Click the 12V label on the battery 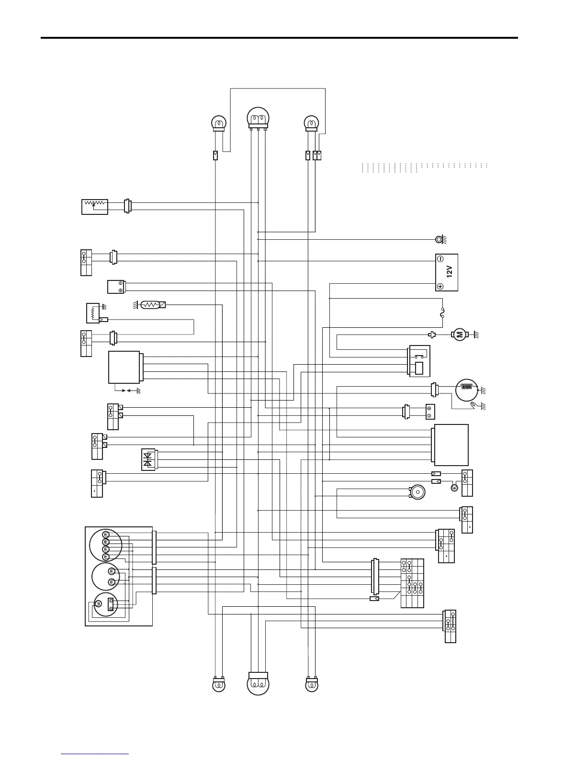point(449,272)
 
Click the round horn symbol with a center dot point(417,492)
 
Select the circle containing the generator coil point(467,390)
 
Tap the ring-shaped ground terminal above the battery point(438,239)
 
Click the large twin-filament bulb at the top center point(258,118)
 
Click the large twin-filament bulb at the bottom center point(258,684)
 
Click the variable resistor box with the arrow point(95,206)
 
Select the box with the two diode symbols point(148,459)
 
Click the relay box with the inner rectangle point(420,361)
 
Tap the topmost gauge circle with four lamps point(106,545)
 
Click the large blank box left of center point(124,367)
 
